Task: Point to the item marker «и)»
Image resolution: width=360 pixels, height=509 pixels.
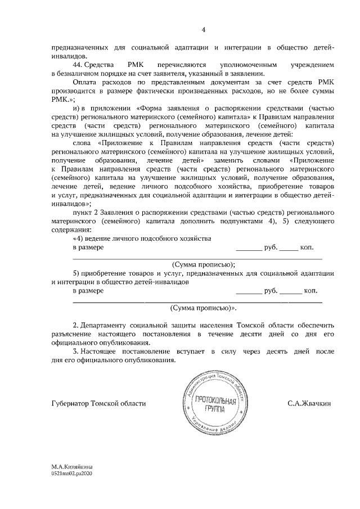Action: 78,107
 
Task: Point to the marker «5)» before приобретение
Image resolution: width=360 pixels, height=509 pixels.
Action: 76,273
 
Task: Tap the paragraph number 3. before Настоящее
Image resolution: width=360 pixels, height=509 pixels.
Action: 76,352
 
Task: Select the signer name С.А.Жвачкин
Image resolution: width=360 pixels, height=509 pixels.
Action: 309,403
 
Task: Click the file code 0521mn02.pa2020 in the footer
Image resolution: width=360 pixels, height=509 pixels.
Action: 71,474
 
